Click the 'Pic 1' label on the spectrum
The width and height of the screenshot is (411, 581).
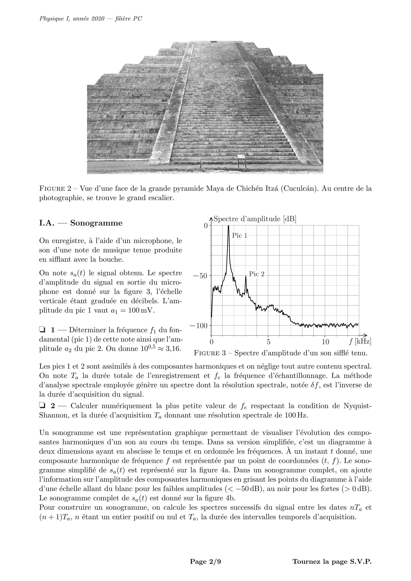pos(240,236)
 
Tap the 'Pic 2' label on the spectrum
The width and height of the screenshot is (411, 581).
pos(257,274)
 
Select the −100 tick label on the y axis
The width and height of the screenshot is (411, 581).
pos(198,325)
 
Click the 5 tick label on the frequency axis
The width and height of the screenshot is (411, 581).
pos(268,342)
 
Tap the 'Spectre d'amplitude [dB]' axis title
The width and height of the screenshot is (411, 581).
pos(255,219)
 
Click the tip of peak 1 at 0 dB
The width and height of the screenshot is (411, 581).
pos(228,226)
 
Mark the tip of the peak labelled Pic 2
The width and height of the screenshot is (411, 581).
pos(246,276)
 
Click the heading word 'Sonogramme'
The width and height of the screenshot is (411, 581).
pos(96,223)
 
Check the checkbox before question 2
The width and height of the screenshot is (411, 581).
pos(42,405)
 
